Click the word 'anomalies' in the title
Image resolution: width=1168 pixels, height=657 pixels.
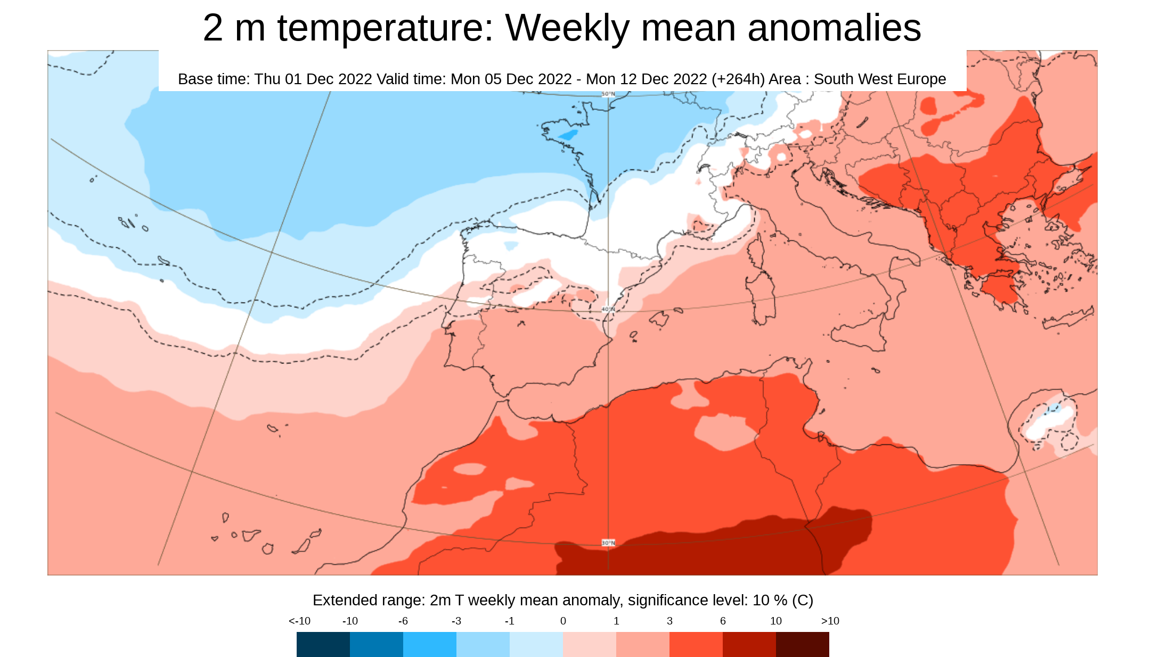pos(834,28)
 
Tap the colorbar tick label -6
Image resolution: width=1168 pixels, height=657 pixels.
pos(403,621)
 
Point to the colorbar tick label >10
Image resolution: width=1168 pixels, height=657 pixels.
pos(830,621)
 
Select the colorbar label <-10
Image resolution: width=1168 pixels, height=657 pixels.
pos(299,621)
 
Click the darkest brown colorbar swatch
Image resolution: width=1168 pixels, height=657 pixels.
pos(802,644)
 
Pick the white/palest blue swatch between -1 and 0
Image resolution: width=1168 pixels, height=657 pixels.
pos(536,644)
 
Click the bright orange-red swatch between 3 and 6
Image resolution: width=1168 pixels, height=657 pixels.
pos(696,644)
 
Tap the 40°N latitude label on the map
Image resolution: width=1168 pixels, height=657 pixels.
pos(608,309)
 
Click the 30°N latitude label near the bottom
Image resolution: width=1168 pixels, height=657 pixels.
pos(608,542)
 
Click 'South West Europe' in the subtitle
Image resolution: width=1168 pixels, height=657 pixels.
pos(879,79)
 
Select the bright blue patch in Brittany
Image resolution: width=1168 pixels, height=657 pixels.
pos(569,135)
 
